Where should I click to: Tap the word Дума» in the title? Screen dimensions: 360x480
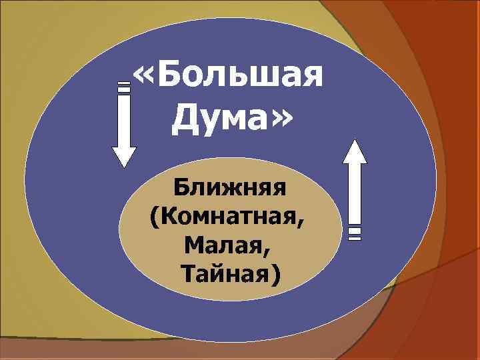pyautogui.click(x=231, y=121)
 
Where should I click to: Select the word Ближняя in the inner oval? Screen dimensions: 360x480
pyautogui.click(x=230, y=189)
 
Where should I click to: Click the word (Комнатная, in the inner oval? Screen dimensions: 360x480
pyautogui.click(x=230, y=217)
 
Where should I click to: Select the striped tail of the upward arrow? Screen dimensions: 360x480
pyautogui.click(x=355, y=231)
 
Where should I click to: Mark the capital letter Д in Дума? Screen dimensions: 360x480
pyautogui.click(x=185, y=121)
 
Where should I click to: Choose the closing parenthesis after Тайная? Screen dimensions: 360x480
pyautogui.click(x=277, y=275)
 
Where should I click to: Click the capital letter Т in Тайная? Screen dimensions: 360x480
pyautogui.click(x=188, y=273)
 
